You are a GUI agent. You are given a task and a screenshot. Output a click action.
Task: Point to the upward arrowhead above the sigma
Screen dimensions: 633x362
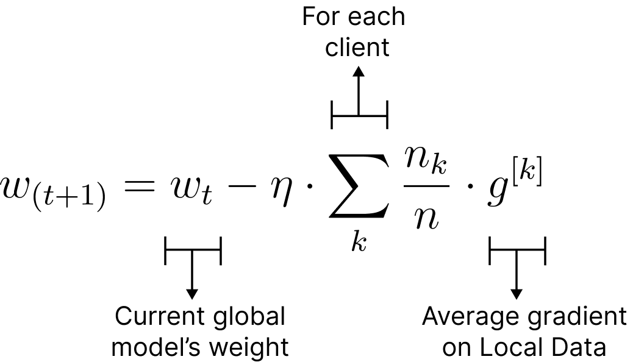click(x=359, y=71)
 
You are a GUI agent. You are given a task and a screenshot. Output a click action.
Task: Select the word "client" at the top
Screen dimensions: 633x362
click(x=357, y=47)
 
